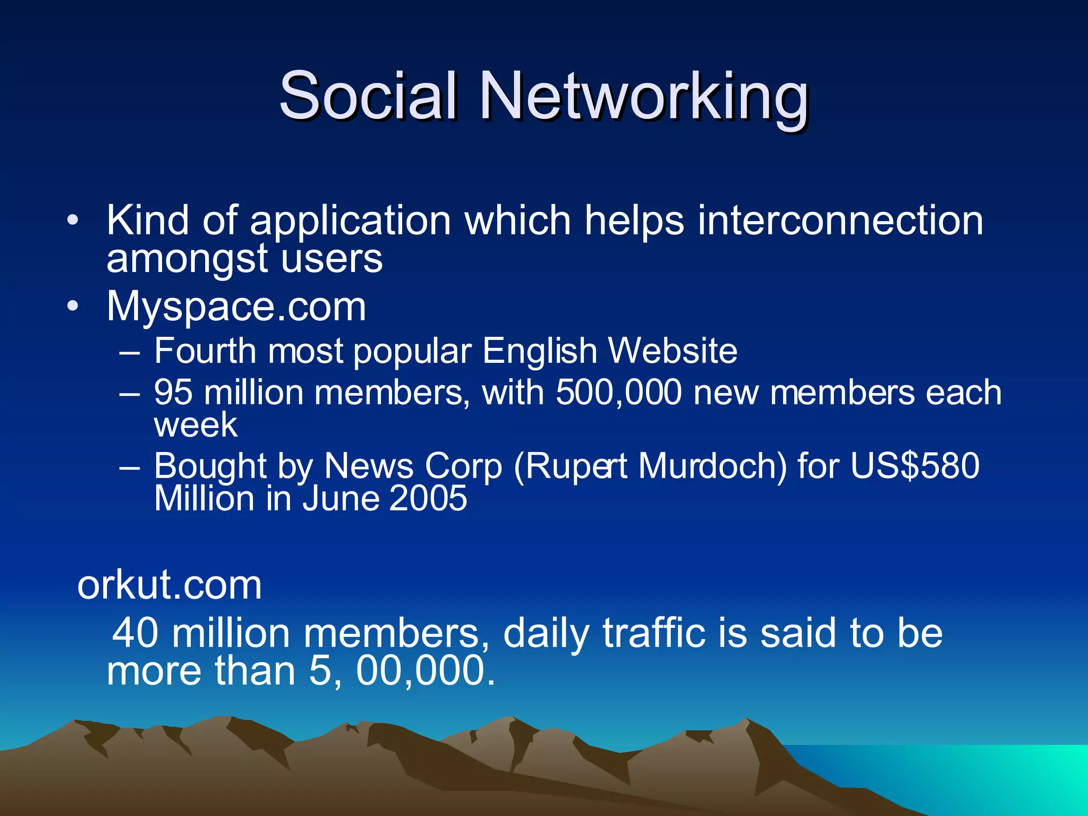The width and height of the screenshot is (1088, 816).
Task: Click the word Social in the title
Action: (x=368, y=97)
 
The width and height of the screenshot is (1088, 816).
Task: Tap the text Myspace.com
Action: (x=236, y=307)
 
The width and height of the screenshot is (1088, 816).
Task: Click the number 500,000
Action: (x=618, y=393)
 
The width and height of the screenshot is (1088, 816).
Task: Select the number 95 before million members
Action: (x=173, y=393)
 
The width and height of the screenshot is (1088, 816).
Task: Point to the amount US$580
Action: (x=915, y=466)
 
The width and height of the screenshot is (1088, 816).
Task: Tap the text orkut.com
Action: (x=169, y=585)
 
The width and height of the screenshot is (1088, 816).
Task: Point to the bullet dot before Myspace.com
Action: (x=73, y=307)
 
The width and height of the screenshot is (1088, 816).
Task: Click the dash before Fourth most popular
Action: (x=130, y=352)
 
